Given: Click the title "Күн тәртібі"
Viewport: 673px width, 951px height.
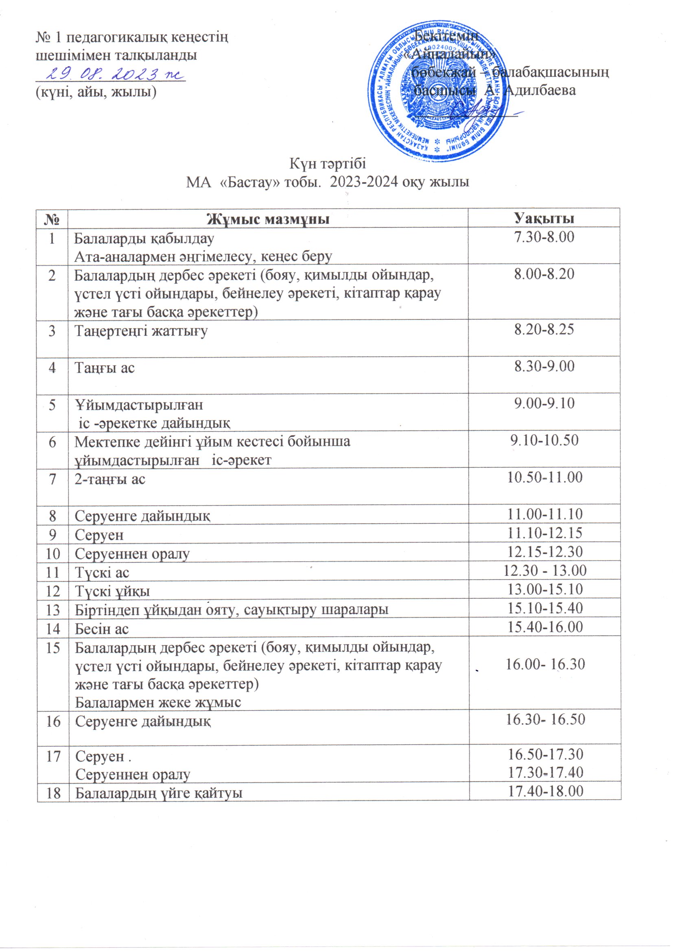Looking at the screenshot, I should click(x=328, y=163).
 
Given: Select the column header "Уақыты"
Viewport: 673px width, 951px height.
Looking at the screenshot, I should click(x=544, y=218).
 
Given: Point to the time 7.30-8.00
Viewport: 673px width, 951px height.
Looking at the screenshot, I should click(x=544, y=237).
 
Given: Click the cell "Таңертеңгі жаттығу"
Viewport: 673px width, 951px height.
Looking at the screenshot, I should click(x=141, y=331).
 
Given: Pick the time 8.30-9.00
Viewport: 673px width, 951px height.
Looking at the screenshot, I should click(x=544, y=366).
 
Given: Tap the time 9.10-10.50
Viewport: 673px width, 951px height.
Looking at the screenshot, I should click(x=544, y=440).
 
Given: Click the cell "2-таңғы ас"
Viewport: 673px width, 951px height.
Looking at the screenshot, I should click(x=110, y=479).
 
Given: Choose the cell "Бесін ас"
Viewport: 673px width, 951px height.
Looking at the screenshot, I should click(x=102, y=629).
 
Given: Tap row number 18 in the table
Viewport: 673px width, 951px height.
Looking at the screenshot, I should click(x=52, y=793).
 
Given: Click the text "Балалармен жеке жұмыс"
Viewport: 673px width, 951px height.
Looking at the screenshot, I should click(x=158, y=702).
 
